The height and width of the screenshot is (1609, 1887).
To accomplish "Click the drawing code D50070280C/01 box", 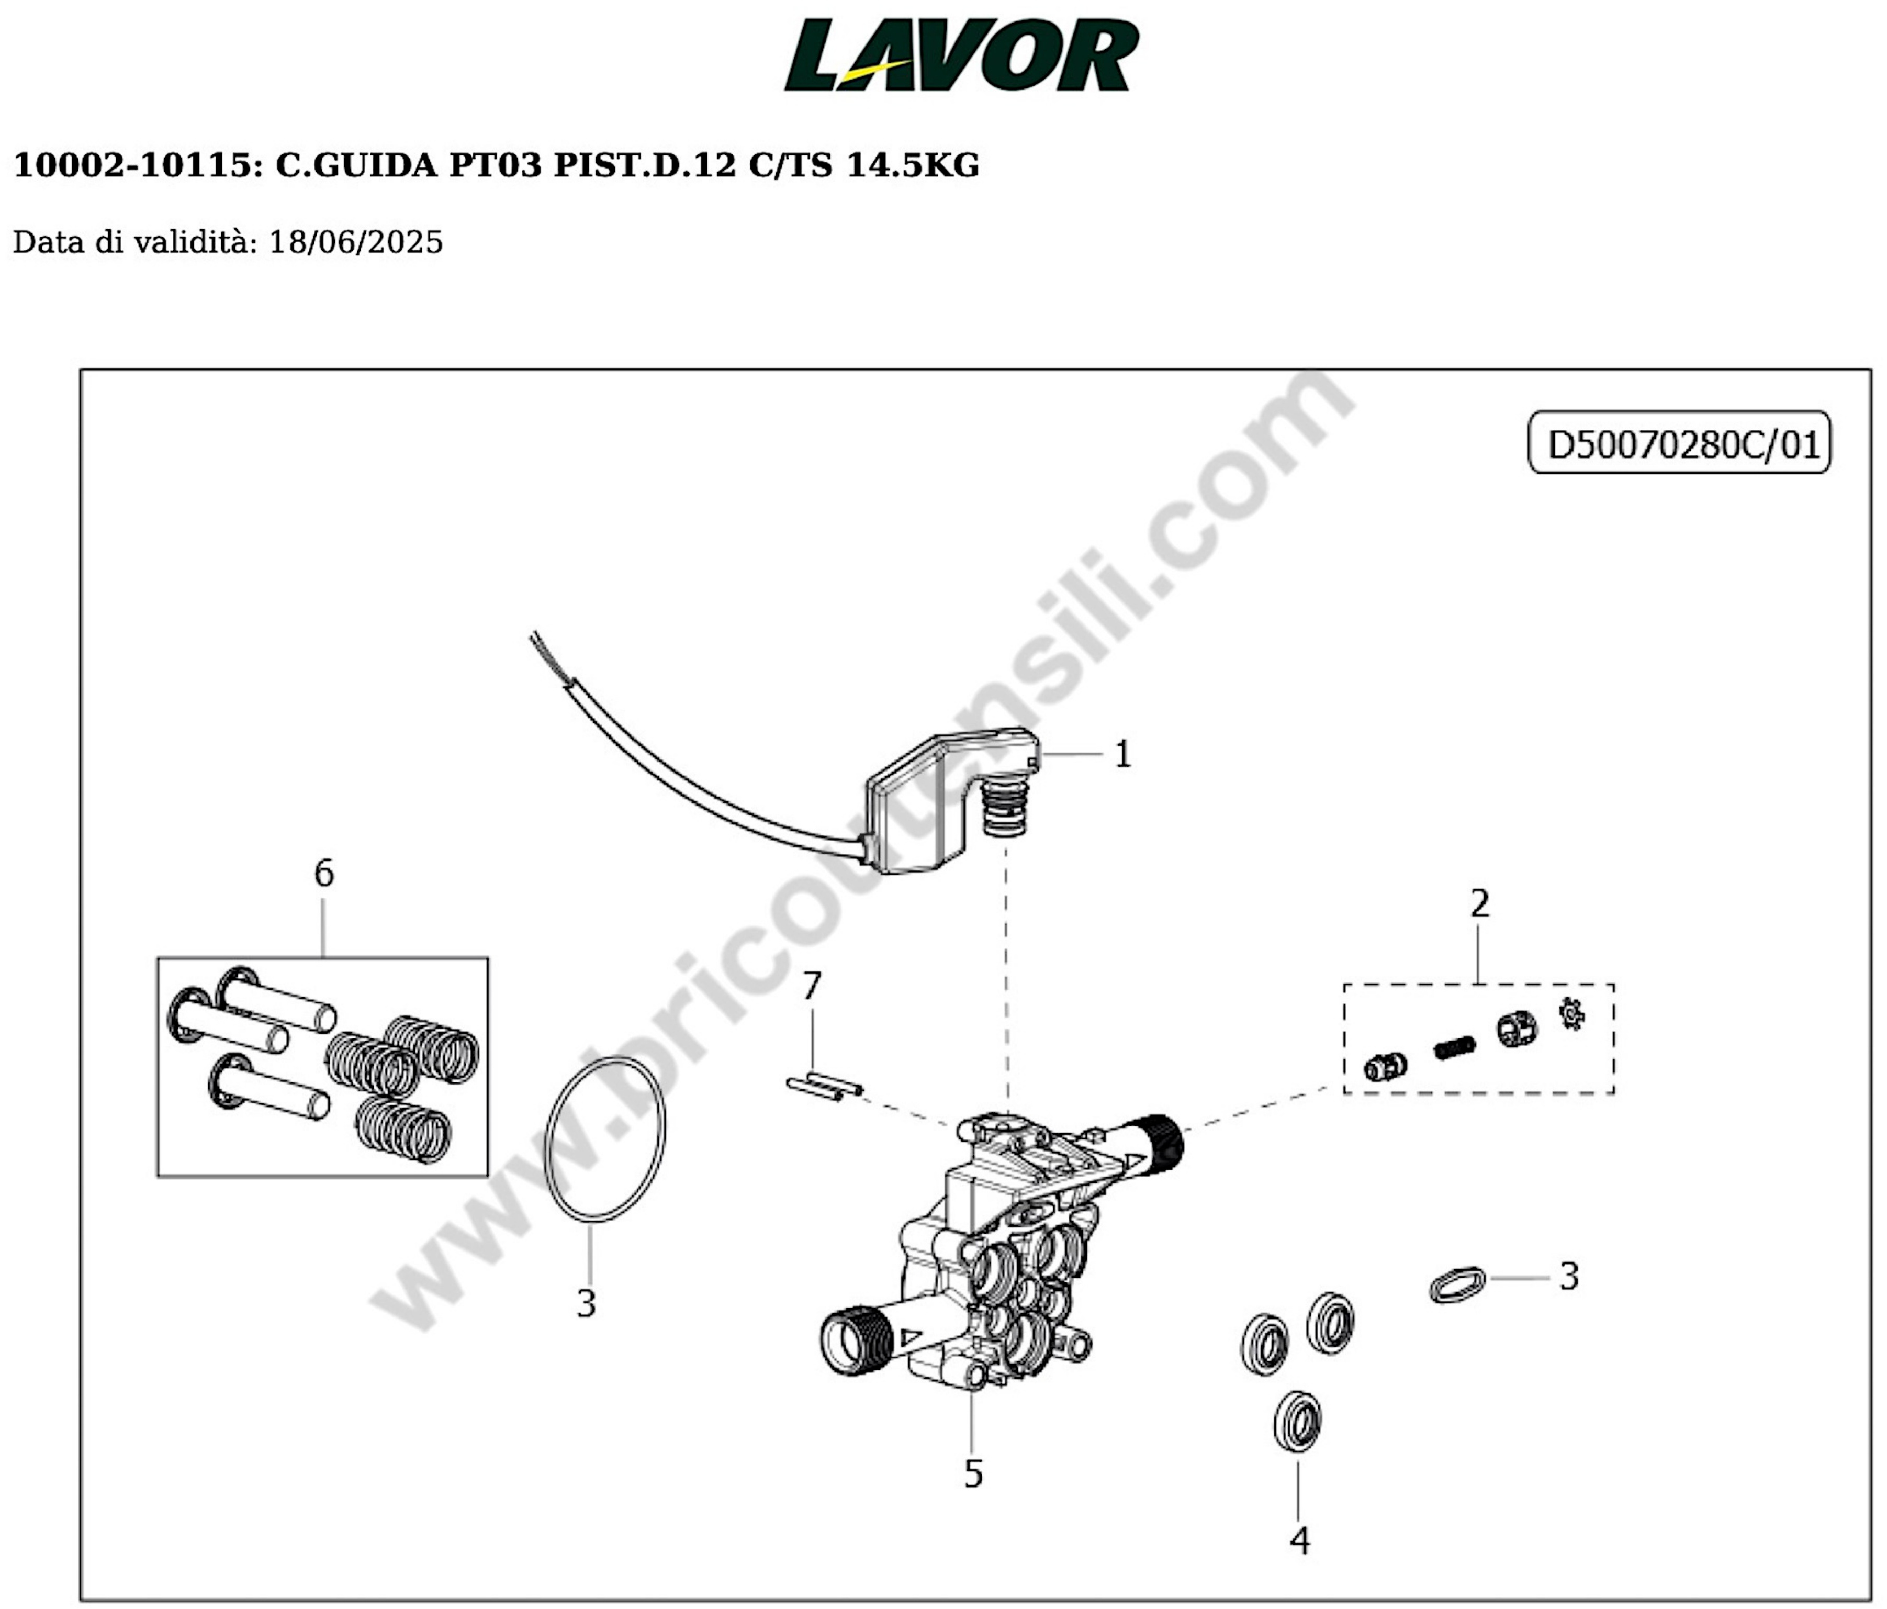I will (1678, 444).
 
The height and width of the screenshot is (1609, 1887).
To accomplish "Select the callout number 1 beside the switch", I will (1123, 754).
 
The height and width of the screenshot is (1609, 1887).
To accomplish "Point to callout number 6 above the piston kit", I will (323, 873).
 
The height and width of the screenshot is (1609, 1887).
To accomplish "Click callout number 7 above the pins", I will (812, 985).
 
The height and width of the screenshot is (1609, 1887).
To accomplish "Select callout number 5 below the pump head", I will (973, 1473).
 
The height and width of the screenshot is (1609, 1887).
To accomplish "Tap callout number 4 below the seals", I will (1299, 1540).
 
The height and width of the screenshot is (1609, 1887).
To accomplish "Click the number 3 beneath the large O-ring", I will (587, 1303).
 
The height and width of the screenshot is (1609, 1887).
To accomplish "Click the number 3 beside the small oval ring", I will (1568, 1277).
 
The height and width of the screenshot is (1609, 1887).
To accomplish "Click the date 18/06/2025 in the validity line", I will (355, 242).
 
